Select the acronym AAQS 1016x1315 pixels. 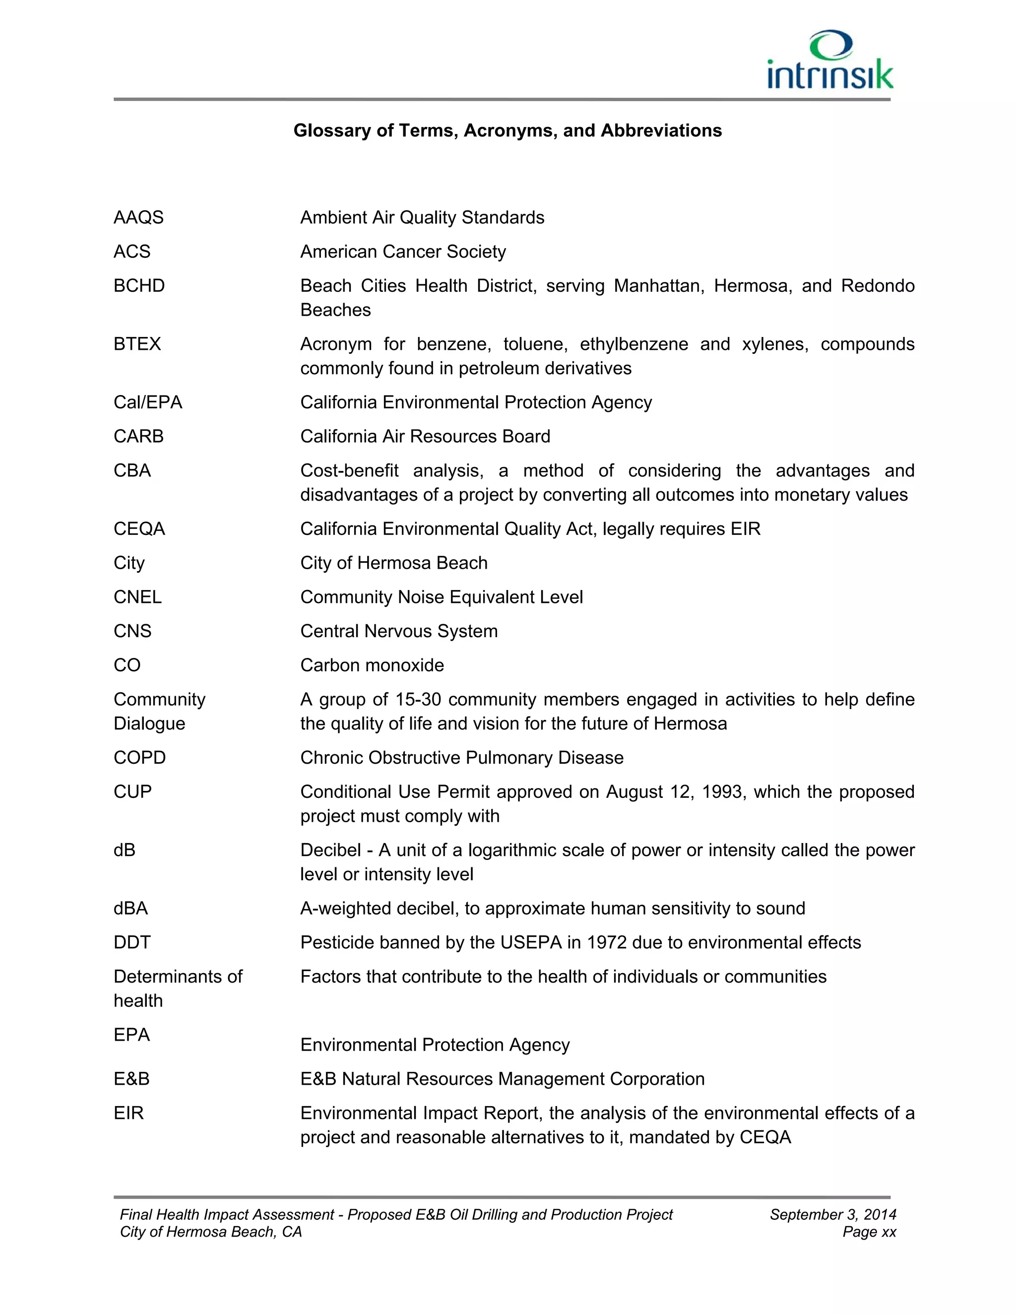point(138,217)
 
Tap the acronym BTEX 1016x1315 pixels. point(137,344)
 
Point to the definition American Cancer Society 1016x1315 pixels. point(403,252)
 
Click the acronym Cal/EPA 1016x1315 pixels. point(147,402)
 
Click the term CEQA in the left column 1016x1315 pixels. point(139,528)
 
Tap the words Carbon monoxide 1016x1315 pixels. point(372,665)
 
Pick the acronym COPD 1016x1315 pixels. point(139,757)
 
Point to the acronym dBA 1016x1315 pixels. point(130,908)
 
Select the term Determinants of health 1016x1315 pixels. point(178,988)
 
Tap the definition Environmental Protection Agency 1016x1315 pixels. point(435,1045)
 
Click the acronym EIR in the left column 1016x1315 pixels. point(129,1113)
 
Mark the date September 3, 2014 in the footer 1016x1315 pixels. point(832,1214)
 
